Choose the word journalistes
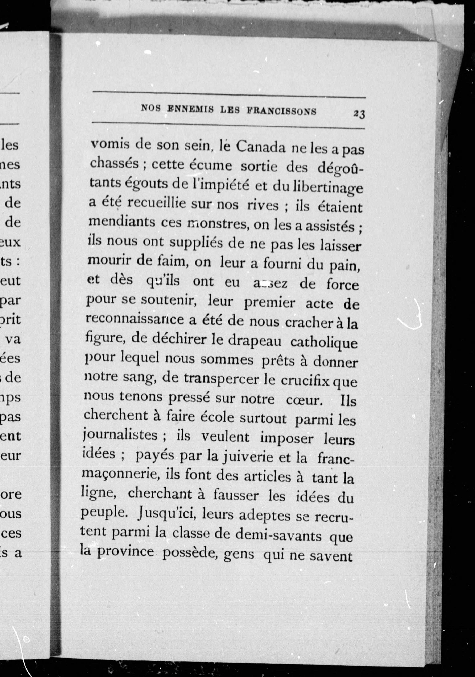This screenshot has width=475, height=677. [120, 435]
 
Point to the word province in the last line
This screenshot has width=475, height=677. [125, 552]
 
